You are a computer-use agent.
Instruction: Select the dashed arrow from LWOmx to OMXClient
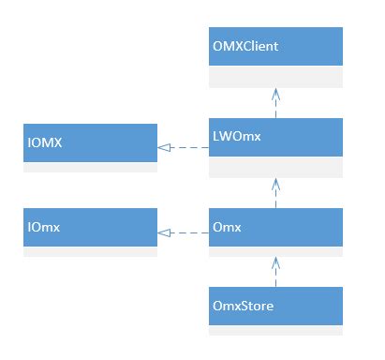pos(275,104)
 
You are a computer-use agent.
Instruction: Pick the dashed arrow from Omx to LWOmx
pos(275,193)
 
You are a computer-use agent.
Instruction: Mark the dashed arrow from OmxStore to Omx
pos(275,271)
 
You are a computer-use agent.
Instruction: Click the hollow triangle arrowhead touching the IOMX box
pos(164,147)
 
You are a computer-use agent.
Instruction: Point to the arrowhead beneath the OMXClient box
pos(275,94)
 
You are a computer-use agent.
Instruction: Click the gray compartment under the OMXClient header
pos(275,77)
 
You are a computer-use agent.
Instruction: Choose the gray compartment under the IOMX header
pos(90,167)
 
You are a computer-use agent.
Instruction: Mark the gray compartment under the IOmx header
pos(90,247)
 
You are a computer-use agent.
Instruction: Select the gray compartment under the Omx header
pos(275,247)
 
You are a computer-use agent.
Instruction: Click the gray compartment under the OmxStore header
pos(275,327)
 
